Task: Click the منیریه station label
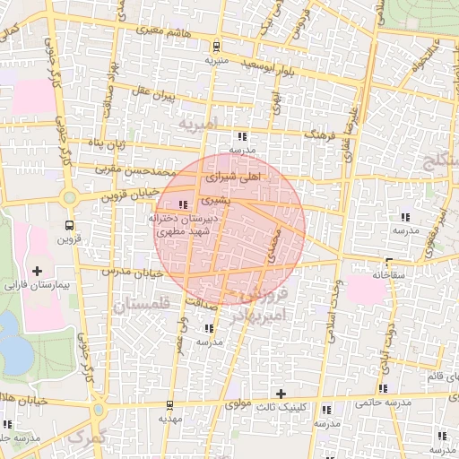[217, 61]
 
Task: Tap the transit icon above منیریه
[216, 46]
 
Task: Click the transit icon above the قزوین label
[70, 225]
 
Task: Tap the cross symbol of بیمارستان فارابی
[37, 270]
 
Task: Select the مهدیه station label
[170, 418]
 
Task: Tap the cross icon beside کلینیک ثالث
[281, 394]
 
